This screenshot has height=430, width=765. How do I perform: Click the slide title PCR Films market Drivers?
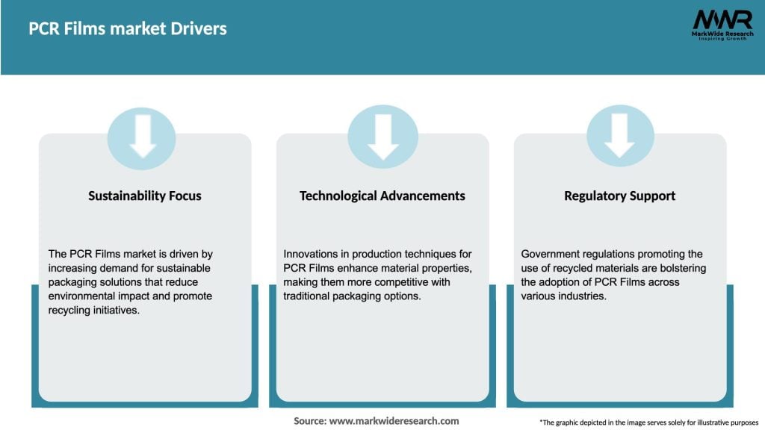tap(128, 29)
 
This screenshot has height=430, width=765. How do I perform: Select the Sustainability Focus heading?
tap(145, 196)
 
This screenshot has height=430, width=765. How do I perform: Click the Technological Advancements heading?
tap(382, 196)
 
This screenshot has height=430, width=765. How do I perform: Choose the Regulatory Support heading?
tap(619, 196)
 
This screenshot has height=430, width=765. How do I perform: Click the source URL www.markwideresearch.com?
tap(394, 421)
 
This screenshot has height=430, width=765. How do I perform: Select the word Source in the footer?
tap(309, 421)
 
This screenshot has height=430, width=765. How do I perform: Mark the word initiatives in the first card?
tap(116, 311)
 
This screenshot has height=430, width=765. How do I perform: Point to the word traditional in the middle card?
tap(309, 296)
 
